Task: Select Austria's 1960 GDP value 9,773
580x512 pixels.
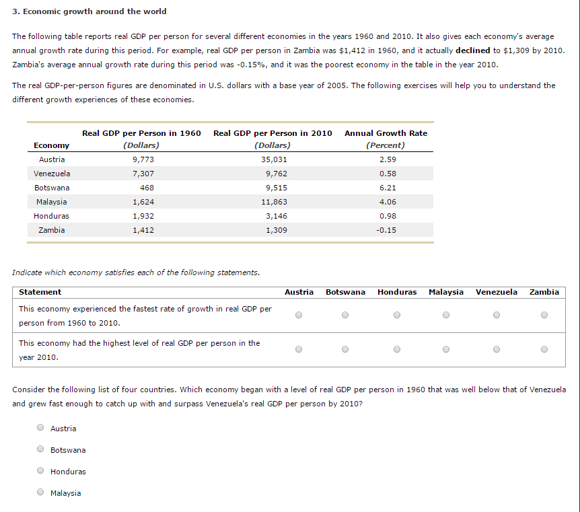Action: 143,159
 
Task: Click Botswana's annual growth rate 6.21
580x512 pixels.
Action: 388,188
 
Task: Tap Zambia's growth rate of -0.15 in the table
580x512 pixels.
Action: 387,230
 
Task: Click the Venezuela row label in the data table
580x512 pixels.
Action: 52,174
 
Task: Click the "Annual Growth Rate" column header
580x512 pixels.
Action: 386,133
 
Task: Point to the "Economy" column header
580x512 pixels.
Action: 51,145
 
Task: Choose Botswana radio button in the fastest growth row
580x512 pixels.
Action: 345,314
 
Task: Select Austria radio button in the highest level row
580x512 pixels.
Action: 299,349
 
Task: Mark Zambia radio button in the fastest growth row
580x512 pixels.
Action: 544,314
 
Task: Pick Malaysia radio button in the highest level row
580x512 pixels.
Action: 445,349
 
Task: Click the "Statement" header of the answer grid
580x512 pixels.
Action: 40,292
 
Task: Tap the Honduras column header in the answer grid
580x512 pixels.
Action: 397,292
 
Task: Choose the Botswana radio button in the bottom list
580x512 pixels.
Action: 41,449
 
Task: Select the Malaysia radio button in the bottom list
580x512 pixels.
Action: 41,492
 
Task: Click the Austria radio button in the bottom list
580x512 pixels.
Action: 41,428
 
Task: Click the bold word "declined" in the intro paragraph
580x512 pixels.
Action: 472,50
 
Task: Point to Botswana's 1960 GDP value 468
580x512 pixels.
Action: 147,188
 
